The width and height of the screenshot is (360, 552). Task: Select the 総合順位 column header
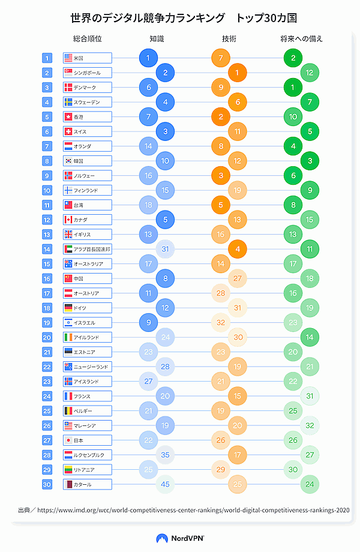pyautogui.click(x=88, y=39)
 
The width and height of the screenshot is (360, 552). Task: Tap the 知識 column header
pyautogui.click(x=157, y=39)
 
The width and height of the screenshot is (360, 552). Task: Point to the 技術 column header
pyautogui.click(x=229, y=39)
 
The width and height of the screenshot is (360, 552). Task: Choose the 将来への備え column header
pyautogui.click(x=301, y=39)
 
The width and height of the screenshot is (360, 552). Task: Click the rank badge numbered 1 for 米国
pyautogui.click(x=47, y=58)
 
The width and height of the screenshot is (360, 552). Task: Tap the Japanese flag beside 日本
pyautogui.click(x=68, y=440)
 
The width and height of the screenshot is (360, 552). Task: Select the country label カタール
pyautogui.click(x=82, y=484)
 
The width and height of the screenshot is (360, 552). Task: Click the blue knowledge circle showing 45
pyautogui.click(x=165, y=484)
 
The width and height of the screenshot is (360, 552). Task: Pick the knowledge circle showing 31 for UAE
pyautogui.click(x=165, y=249)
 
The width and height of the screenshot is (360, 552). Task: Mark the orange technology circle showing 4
pyautogui.click(x=238, y=249)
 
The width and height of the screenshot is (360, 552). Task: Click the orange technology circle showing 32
pyautogui.click(x=221, y=322)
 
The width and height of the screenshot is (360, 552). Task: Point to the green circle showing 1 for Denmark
pyautogui.click(x=293, y=88)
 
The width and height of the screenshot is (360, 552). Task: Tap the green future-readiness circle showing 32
pyautogui.click(x=310, y=425)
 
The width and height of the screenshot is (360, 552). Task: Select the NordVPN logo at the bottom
pyautogui.click(x=179, y=538)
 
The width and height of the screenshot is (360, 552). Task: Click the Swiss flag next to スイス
pyautogui.click(x=68, y=131)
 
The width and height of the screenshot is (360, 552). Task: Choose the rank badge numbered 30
pyautogui.click(x=47, y=484)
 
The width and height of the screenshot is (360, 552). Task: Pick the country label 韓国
pyautogui.click(x=79, y=161)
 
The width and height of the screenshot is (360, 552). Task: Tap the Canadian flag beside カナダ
pyautogui.click(x=68, y=220)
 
